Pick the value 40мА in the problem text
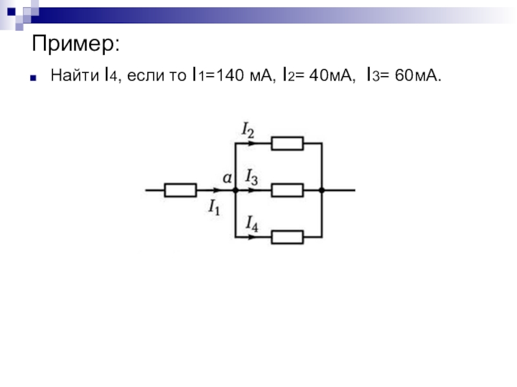coord(332,76)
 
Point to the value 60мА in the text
coord(416,76)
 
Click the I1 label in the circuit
coord(215,206)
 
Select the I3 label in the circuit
coord(251,176)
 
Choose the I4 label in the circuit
coord(252,224)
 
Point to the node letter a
coord(227,177)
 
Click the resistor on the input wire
coord(180,190)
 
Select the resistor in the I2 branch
coord(287,143)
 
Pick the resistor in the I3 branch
coord(287,190)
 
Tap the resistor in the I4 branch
coord(287,237)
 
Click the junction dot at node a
coord(235,190)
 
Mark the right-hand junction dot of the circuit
coord(321,190)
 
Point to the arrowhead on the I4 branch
coord(250,237)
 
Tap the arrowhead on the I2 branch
coord(250,143)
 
